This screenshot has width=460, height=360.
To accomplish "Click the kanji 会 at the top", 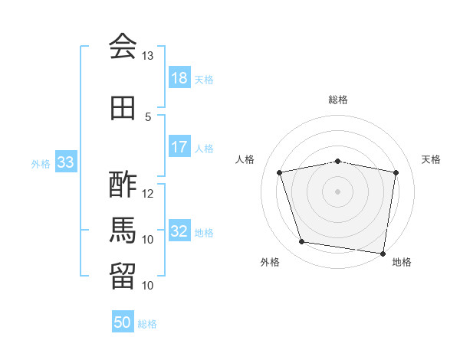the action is tap(123, 46).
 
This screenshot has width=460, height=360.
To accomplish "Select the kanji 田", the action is tap(123, 108).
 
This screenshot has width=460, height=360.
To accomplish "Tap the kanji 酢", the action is tap(123, 185).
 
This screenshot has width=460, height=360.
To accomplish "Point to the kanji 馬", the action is tap(123, 230).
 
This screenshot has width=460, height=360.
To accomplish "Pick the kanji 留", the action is tap(123, 277).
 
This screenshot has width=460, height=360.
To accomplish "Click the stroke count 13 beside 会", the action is tap(147, 56).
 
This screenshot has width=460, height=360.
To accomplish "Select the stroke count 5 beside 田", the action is tap(148, 117).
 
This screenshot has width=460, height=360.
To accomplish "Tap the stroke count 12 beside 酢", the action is tap(147, 194).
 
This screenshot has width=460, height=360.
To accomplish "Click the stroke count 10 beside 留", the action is tap(147, 285).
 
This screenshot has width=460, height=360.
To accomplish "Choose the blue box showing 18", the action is tap(179, 77).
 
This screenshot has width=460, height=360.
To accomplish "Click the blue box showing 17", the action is tap(179, 146).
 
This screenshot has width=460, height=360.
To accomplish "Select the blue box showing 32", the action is tap(179, 230).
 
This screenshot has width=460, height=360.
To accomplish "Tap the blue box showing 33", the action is tap(66, 162).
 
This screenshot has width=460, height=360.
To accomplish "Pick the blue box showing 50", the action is tap(123, 321).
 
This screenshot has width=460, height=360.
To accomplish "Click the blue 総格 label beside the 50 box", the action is tap(147, 324).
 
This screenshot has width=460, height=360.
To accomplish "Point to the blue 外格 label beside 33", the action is tap(41, 164).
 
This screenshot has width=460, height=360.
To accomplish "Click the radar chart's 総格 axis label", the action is tap(338, 100).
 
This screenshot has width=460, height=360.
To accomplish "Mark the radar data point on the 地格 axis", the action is tap(383, 254).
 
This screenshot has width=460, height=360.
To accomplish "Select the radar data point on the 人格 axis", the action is tap(279, 172).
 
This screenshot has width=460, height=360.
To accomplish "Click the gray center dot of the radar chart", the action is tap(337, 191).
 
